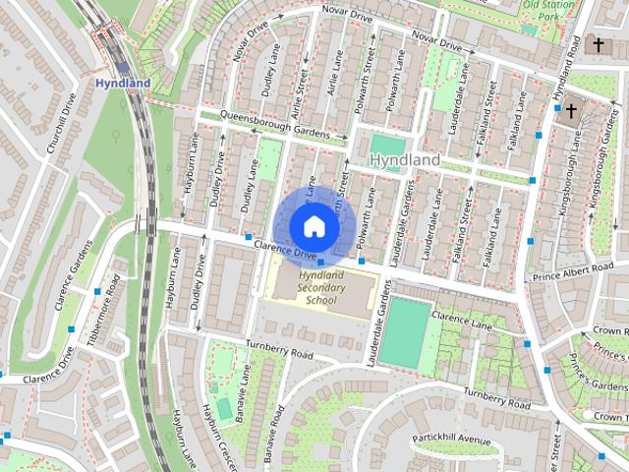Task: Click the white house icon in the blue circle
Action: tap(314, 226)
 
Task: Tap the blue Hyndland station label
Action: tap(123, 84)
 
